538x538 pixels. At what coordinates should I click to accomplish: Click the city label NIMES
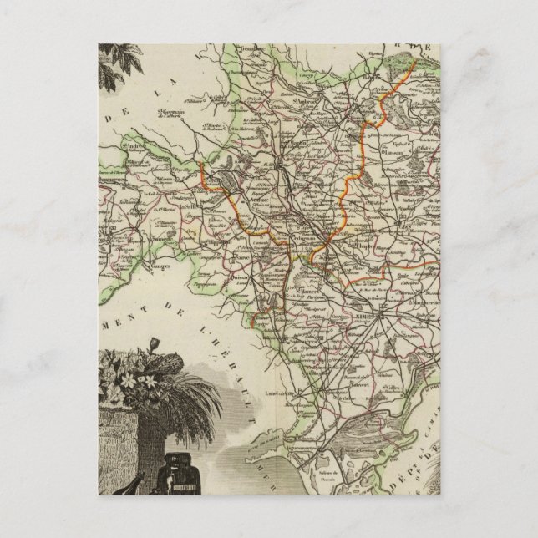pyautogui.click(x=392, y=306)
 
